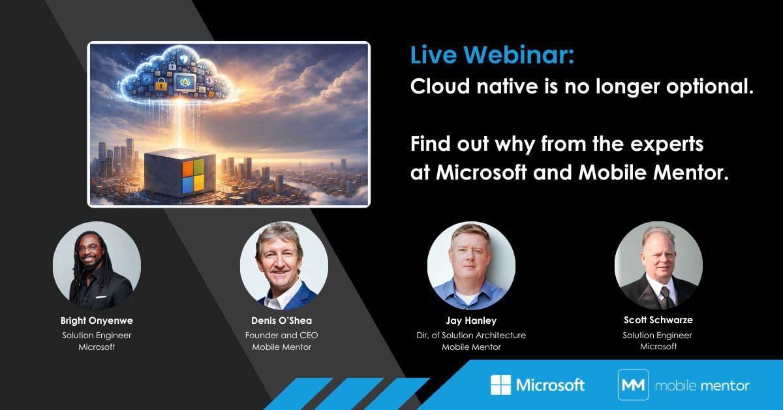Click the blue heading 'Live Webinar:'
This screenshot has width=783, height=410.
(x=492, y=55)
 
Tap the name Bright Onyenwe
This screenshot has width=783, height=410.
(x=97, y=321)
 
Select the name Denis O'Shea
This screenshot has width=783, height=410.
(x=281, y=321)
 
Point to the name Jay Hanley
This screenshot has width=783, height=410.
(x=471, y=321)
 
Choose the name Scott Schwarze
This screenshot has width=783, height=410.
(x=658, y=320)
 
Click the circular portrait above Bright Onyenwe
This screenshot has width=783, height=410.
(x=97, y=266)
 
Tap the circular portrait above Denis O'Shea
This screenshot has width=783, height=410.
(x=284, y=266)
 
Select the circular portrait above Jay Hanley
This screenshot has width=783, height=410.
(x=471, y=266)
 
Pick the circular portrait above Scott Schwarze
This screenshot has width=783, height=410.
(x=658, y=266)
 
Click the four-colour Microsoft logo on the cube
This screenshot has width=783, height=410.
(x=193, y=176)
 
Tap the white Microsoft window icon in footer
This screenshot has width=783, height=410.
(x=500, y=385)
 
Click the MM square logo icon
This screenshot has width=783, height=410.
(x=634, y=385)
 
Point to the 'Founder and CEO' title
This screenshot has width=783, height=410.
(x=281, y=335)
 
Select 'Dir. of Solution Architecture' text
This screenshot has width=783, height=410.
(x=471, y=335)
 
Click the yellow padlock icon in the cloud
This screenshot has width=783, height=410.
(x=161, y=84)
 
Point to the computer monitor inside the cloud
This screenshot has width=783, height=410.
(x=185, y=83)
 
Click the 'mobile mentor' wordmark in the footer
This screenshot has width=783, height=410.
(x=702, y=385)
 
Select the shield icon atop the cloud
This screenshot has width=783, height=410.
(x=183, y=58)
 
